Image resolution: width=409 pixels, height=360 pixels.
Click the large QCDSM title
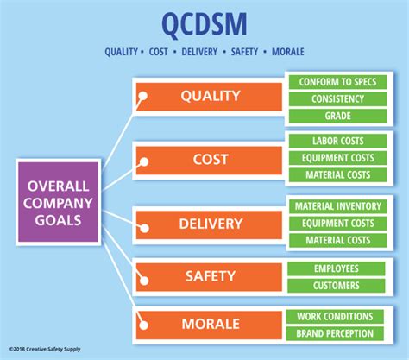[x=204, y=24]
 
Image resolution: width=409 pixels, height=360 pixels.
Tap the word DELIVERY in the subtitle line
[x=199, y=52]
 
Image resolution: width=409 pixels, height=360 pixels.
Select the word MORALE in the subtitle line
[x=288, y=52]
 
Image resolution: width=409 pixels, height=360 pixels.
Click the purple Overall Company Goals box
[x=58, y=202]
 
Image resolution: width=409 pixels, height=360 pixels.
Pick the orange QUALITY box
[x=209, y=97]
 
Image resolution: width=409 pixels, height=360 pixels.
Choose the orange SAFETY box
[x=209, y=276]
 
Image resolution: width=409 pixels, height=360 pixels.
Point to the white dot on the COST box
[x=144, y=161]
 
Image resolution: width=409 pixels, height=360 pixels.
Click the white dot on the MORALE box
[x=143, y=325]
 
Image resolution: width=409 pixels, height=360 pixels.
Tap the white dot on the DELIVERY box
[x=145, y=228]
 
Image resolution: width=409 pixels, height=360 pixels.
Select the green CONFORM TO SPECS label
[x=337, y=82]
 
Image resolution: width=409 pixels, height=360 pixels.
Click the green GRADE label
[x=337, y=116]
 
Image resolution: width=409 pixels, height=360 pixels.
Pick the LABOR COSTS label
[x=337, y=141]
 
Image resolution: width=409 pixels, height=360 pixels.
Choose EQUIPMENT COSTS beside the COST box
[x=337, y=158]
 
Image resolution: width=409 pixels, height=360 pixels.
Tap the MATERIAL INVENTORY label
[x=337, y=206]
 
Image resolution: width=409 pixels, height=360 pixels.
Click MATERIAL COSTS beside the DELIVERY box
[x=337, y=240]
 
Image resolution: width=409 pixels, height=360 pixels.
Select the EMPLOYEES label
[x=336, y=268]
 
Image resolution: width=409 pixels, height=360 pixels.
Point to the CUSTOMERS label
[x=336, y=286]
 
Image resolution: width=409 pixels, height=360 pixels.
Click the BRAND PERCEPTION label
[x=335, y=333]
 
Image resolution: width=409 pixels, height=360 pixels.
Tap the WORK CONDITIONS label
[x=335, y=317]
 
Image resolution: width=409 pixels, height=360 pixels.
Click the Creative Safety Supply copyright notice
[x=45, y=349]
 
